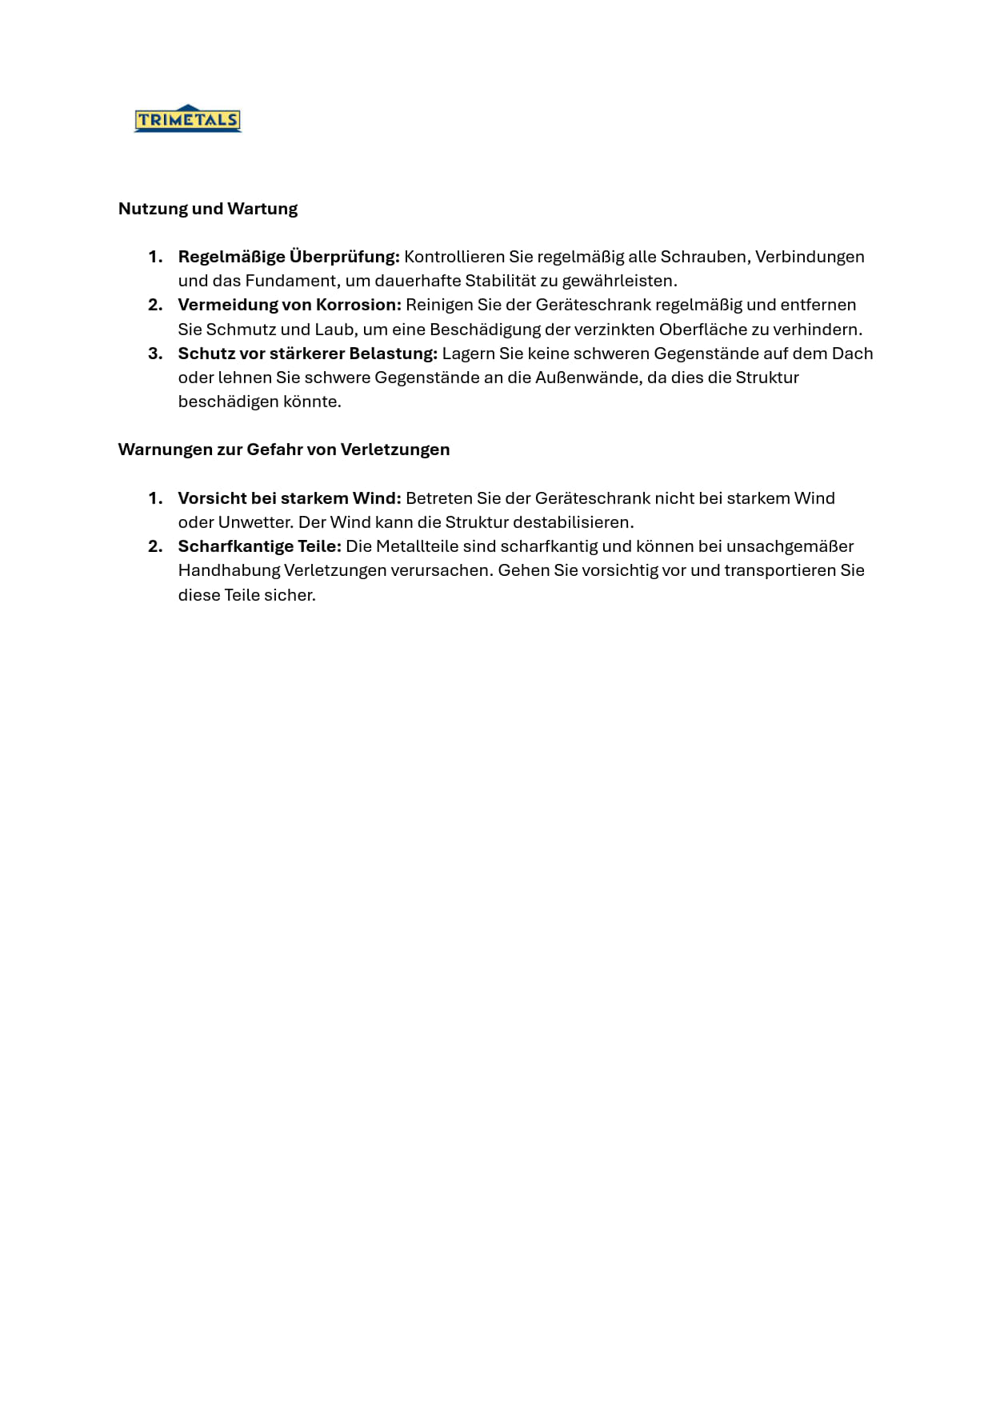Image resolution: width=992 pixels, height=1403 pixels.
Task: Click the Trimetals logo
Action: [x=187, y=119]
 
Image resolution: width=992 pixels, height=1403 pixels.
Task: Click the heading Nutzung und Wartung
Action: [x=208, y=209]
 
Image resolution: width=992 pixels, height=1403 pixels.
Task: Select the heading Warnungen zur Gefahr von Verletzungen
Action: [x=284, y=450]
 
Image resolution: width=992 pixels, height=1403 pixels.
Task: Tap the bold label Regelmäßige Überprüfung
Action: [x=289, y=257]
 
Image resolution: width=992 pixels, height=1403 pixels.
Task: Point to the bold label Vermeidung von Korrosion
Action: [x=290, y=305]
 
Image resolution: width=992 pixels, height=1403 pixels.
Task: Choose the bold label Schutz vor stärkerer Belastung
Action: [x=308, y=354]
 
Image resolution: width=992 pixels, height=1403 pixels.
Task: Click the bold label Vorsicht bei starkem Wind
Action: [x=290, y=498]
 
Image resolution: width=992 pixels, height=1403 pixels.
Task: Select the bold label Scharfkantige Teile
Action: [x=260, y=546]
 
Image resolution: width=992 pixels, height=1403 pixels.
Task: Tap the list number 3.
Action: [x=155, y=354]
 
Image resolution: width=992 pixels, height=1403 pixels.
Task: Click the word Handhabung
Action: [x=229, y=570]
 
